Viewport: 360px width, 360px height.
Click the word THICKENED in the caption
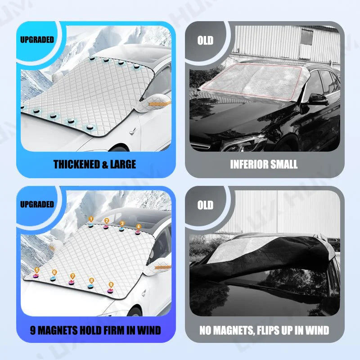coord(76,164)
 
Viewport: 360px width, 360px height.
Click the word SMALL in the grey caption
coord(283,164)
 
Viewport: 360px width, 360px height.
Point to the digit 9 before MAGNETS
coord(33,330)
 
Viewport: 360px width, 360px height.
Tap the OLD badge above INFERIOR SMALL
coord(205,40)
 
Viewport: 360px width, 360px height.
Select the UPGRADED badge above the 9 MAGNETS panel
coord(37,204)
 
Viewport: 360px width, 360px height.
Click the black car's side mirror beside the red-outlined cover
coord(318,99)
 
